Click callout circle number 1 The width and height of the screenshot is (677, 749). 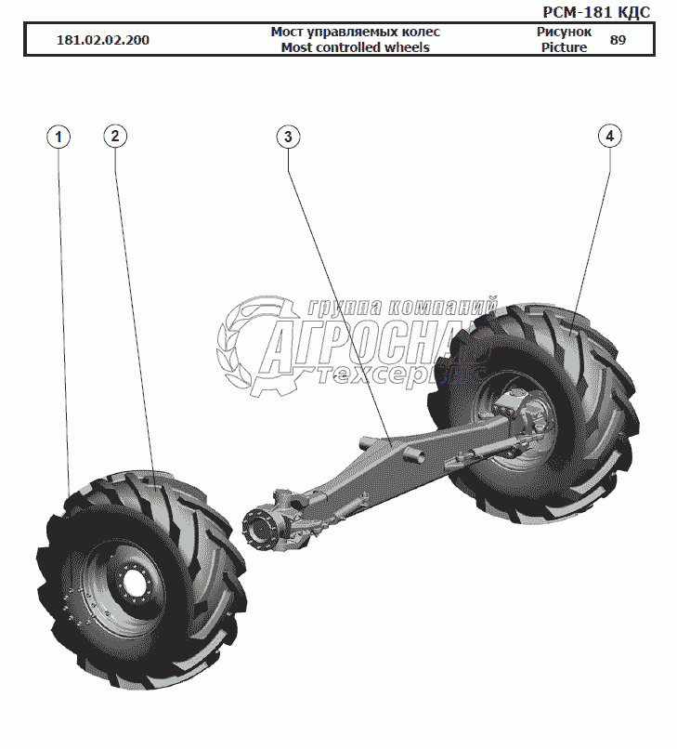59,138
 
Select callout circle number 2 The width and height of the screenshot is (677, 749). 114,137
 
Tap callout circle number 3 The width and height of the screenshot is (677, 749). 288,137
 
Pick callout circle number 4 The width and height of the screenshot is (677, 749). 609,137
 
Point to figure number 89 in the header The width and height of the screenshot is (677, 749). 618,40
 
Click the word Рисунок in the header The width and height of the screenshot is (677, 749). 564,32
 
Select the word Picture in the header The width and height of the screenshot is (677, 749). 564,47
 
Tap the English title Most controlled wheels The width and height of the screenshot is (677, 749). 355,47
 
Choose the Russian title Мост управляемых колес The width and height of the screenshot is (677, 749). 355,32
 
